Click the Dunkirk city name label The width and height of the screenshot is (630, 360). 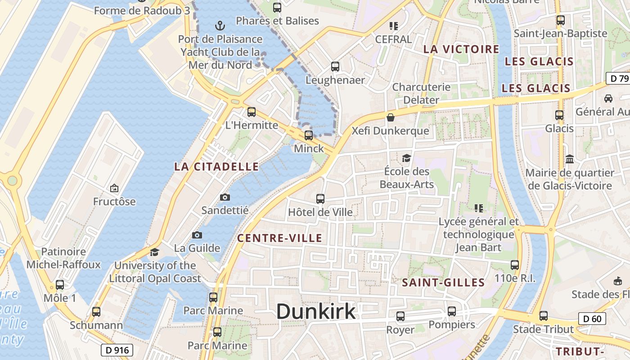pos(316,311)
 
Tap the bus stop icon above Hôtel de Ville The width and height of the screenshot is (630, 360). pos(320,198)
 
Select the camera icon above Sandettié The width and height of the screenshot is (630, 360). pos(225,197)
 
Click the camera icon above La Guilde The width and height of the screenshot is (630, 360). pos(197,235)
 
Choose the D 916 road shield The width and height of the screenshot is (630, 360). pos(117,350)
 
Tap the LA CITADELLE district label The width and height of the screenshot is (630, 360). pos(216,166)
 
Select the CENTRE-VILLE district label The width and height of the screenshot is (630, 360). pos(279,238)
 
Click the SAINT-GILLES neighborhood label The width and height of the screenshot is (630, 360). pos(443,283)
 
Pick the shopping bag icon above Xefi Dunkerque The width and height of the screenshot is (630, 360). pos(390,117)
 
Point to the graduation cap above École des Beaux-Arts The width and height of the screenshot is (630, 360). pos(406,158)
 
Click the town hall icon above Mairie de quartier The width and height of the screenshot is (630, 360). pos(570,159)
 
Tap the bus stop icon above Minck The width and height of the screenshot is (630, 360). pos(309,135)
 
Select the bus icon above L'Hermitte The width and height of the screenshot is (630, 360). pos(252,112)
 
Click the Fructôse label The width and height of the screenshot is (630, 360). pos(114,201)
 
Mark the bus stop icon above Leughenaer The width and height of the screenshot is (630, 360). pos(335,67)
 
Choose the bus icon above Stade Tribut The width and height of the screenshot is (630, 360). pos(544,316)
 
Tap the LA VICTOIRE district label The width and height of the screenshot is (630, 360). pos(461,49)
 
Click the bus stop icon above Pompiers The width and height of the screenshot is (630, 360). pos(452,311)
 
